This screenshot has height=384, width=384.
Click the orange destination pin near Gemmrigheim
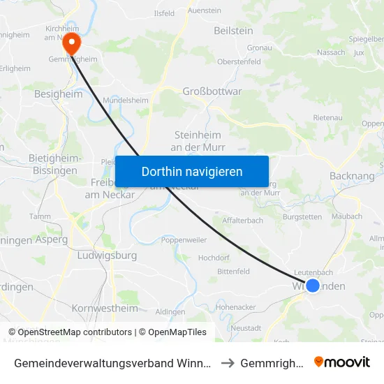point(71,43)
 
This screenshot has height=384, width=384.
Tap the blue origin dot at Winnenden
point(313,285)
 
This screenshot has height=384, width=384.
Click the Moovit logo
point(342,362)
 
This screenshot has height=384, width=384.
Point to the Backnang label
point(352,177)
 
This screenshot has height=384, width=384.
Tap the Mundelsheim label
point(126,101)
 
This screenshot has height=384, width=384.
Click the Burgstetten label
point(302,217)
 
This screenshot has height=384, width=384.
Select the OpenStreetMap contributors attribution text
point(70,332)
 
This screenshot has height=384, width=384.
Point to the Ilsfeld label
point(164,13)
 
